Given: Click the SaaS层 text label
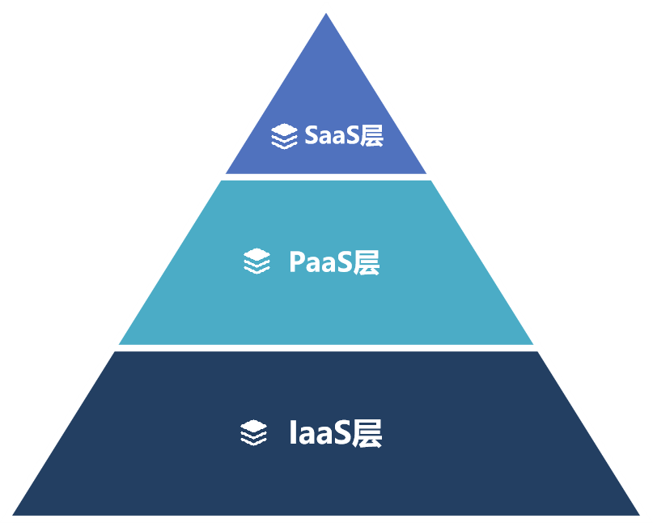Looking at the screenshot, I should pyautogui.click(x=343, y=136).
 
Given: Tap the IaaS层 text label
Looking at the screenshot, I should pyautogui.click(x=335, y=433).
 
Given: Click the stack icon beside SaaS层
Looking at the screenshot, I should pyautogui.click(x=284, y=137).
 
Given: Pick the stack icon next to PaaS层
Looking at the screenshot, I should pyautogui.click(x=257, y=262).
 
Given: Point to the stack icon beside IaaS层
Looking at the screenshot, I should pyautogui.click(x=253, y=433).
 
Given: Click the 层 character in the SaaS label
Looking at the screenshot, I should pyautogui.click(x=371, y=136).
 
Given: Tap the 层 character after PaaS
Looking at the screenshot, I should pyautogui.click(x=367, y=262).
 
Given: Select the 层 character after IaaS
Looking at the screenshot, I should pyautogui.click(x=367, y=433).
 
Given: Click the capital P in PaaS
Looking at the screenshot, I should pyautogui.click(x=296, y=262).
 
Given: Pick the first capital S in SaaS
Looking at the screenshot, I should pyautogui.click(x=312, y=136).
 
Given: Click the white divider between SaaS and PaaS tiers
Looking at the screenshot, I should pyautogui.click(x=326, y=176).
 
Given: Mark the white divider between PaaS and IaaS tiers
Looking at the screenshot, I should pyautogui.click(x=326, y=347).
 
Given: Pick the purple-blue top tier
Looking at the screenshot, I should pyautogui.click(x=326, y=89).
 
